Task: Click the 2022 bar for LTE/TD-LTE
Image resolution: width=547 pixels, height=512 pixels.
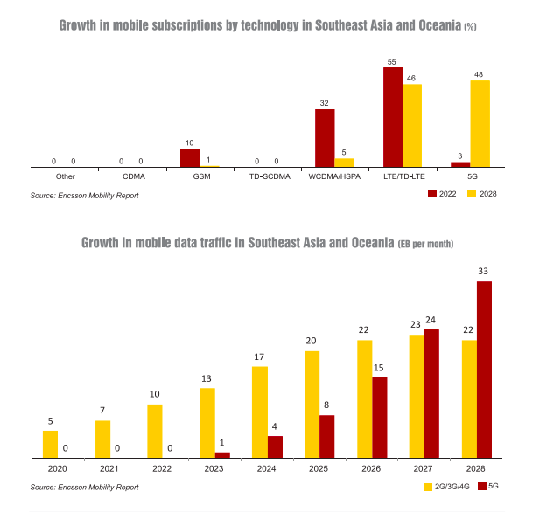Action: pos(393,116)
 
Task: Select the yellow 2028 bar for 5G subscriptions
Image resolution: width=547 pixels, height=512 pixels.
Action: pos(480,123)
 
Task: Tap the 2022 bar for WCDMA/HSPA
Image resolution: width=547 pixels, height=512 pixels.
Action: pos(325,137)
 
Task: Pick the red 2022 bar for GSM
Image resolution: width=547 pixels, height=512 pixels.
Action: pos(190,157)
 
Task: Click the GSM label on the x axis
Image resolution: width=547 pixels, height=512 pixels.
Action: pos(200,176)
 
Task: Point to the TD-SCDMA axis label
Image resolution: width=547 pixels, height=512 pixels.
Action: pos(267,176)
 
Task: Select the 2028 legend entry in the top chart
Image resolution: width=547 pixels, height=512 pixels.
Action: pos(483,194)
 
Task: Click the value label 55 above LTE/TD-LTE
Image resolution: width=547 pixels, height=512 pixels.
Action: pos(392,62)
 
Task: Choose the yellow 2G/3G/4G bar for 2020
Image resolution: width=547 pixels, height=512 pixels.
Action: pos(51,444)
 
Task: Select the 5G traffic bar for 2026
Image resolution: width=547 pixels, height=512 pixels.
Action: pos(379,417)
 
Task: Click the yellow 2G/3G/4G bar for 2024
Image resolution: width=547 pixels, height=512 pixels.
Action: pos(259,412)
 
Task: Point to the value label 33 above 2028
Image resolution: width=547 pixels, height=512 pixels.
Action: pos(483,272)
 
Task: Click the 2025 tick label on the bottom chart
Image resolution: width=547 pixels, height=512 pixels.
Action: pos(319,470)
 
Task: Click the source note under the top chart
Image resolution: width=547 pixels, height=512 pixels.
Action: pos(84,195)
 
